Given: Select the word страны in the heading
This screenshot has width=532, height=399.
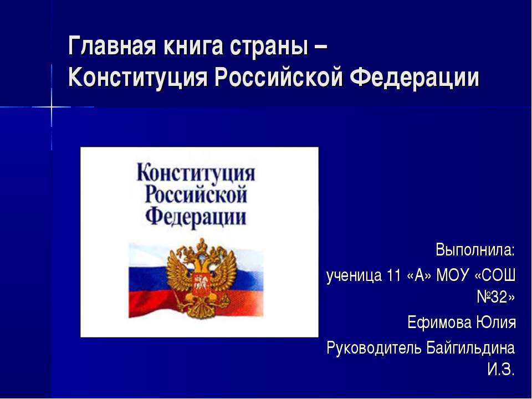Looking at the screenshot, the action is tap(269, 47).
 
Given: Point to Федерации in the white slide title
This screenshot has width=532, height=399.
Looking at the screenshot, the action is tap(414, 78).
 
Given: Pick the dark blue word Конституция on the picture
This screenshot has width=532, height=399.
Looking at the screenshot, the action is tap(196, 173).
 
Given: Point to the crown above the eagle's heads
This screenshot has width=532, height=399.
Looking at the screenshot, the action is tap(202, 245).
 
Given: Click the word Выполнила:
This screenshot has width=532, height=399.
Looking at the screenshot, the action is tap(475, 250).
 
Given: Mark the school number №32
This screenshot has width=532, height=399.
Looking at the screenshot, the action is tap(495, 297).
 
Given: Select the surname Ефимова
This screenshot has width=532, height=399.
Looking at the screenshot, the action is tap(438, 322).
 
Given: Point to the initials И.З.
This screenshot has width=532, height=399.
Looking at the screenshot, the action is tap(501, 369).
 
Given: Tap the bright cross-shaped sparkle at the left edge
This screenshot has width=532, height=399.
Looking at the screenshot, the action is tap(52, 107).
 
